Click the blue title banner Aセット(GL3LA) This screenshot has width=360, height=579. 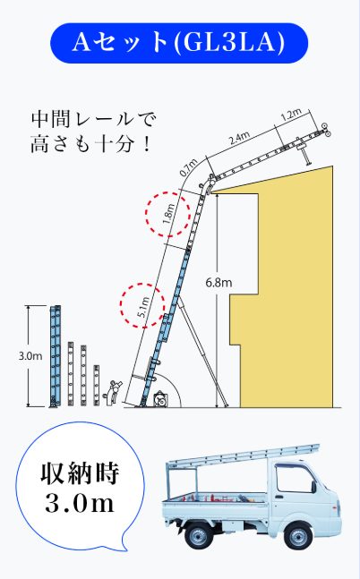(x=179, y=43)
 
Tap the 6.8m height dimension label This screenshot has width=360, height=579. (x=219, y=283)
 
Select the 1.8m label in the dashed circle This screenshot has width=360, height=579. (x=168, y=214)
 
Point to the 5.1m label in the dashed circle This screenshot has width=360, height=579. (x=142, y=306)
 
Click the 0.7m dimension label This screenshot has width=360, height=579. (x=188, y=168)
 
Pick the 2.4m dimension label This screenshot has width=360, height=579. (x=239, y=138)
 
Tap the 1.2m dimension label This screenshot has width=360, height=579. (x=291, y=115)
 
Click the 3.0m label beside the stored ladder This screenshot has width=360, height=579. (x=30, y=356)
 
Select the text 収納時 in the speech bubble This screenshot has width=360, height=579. (x=80, y=473)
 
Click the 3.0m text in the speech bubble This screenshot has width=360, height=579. (x=80, y=504)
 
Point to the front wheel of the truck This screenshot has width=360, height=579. (x=297, y=535)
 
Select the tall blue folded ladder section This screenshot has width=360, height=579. (x=56, y=356)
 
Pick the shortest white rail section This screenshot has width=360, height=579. (x=97, y=386)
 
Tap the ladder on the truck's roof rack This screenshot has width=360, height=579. (x=244, y=456)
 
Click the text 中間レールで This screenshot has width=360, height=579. (x=94, y=119)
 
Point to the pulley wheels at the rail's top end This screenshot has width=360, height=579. (x=325, y=130)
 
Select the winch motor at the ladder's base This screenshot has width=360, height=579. (x=159, y=399)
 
